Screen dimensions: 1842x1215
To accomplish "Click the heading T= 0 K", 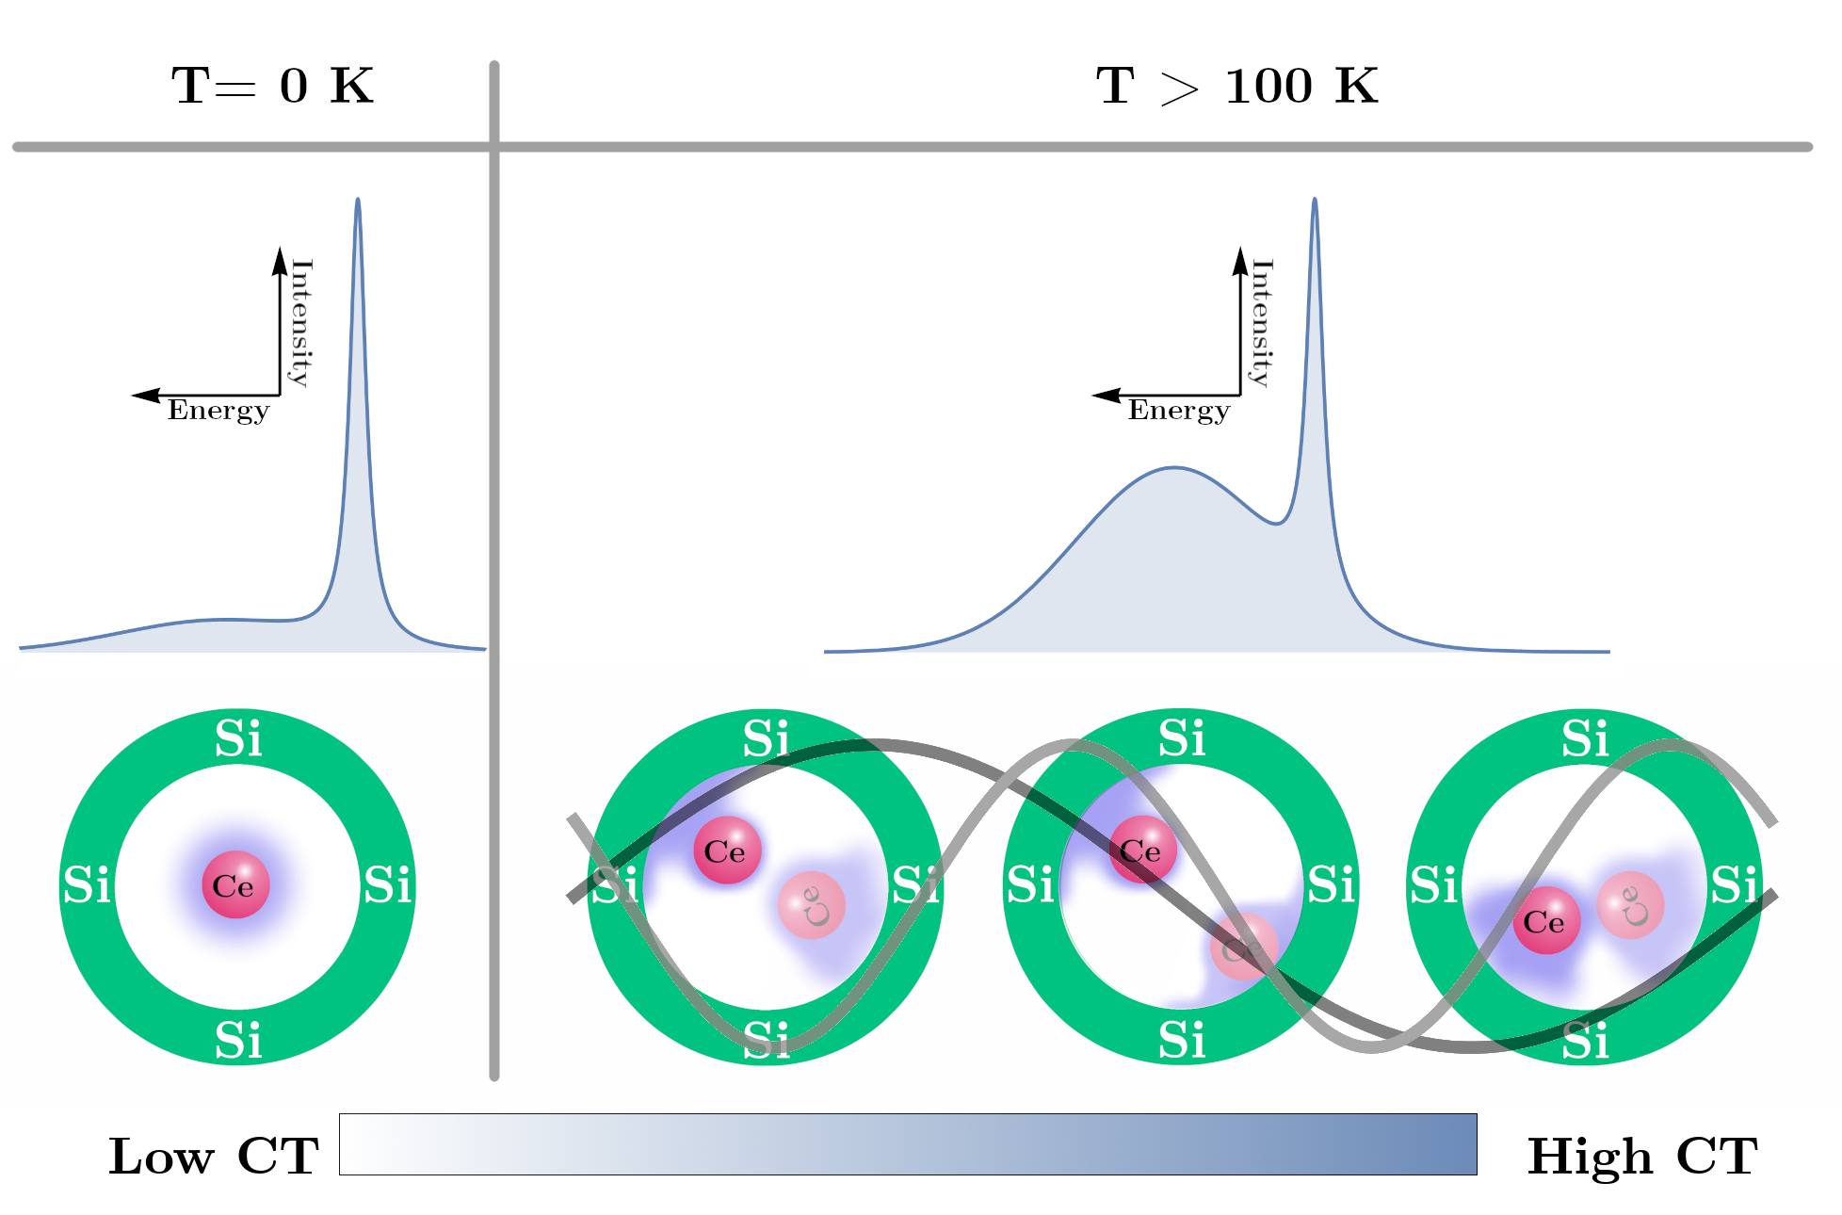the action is coord(272,86).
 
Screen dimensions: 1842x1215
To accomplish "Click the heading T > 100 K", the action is coord(1236,86).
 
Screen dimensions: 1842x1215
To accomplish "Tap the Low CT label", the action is coord(214,1156).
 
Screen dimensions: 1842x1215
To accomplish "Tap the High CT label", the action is coord(1641,1156).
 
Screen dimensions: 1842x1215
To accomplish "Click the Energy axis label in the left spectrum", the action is coord(218,412).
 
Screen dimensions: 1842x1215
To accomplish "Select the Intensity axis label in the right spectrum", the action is coord(1262,323).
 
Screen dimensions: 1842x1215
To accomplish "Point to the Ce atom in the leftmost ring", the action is coord(235,884).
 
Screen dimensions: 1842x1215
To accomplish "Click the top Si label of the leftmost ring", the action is coord(238,739).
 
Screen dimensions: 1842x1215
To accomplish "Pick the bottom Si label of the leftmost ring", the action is coord(238,1041).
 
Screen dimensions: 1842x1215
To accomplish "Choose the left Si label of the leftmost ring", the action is coord(87,885).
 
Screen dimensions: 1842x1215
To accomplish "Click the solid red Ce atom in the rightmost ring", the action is coord(1545,920).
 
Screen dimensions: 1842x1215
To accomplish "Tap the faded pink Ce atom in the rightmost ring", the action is coord(1630,905).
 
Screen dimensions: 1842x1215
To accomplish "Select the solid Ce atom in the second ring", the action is coord(727,850).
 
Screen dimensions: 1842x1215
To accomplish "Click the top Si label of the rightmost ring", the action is coord(1586,739).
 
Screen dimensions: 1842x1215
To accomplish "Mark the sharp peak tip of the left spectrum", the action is coord(358,199).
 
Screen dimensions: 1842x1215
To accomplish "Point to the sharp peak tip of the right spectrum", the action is coord(1315,199).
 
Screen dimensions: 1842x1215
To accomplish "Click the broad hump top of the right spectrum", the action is coord(1174,467).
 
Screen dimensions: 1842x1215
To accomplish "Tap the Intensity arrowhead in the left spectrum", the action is coord(280,260).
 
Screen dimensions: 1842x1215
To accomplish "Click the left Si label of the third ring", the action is coord(1030,885).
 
